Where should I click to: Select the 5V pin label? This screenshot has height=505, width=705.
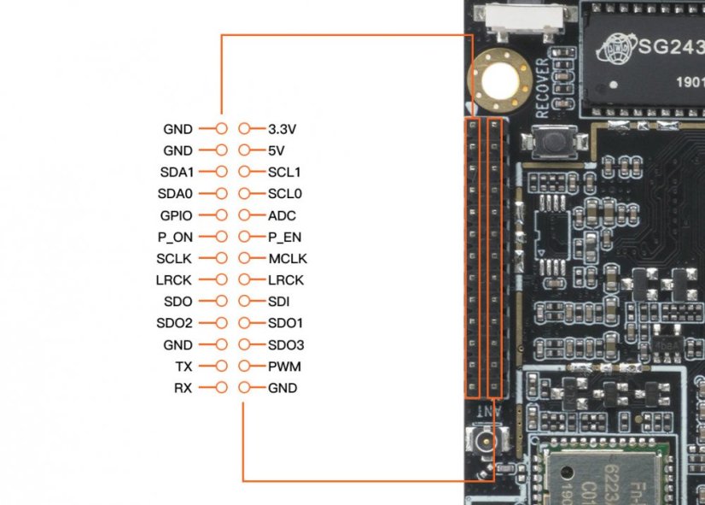tap(277, 150)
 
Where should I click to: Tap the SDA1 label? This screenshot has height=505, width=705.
tap(177, 172)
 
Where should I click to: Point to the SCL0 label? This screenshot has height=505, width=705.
tap(284, 194)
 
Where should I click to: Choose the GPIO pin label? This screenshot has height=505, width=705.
tap(176, 215)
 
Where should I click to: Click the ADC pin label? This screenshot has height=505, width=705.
tap(282, 215)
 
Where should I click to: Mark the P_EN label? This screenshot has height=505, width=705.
tap(285, 237)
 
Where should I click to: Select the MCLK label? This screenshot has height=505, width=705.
tap(287, 258)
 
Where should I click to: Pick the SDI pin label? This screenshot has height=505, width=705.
tap(279, 302)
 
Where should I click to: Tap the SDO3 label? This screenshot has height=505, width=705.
tap(286, 345)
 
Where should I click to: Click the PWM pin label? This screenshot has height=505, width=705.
tap(284, 367)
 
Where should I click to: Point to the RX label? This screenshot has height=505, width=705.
tap(184, 388)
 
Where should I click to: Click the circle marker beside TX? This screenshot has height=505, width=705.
tap(222, 367)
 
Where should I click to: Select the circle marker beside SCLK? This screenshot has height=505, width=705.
tap(222, 258)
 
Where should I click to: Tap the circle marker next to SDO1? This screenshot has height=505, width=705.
tap(245, 323)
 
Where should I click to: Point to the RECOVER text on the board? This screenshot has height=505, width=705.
tap(542, 89)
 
